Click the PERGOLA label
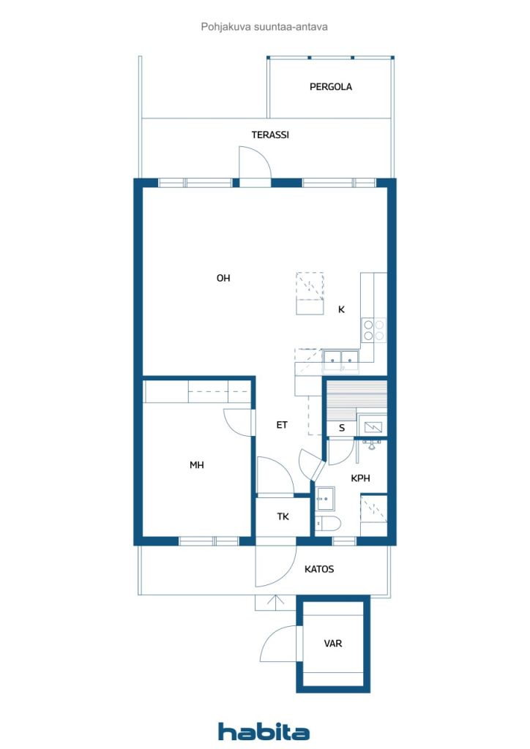tap(331, 87)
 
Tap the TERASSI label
tap(270, 135)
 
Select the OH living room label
tap(223, 278)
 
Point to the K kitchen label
tap(341, 309)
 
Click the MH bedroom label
tap(196, 464)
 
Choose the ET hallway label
tap(282, 425)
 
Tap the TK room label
tap(283, 516)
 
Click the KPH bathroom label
tap(360, 478)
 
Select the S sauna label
tap(342, 428)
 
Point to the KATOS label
tap(319, 569)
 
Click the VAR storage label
tap(332, 644)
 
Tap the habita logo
tap(264, 731)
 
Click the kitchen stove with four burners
tap(374, 331)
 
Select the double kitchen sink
tap(340, 360)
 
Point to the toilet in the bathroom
tap(328, 524)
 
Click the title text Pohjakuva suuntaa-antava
tap(264, 27)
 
